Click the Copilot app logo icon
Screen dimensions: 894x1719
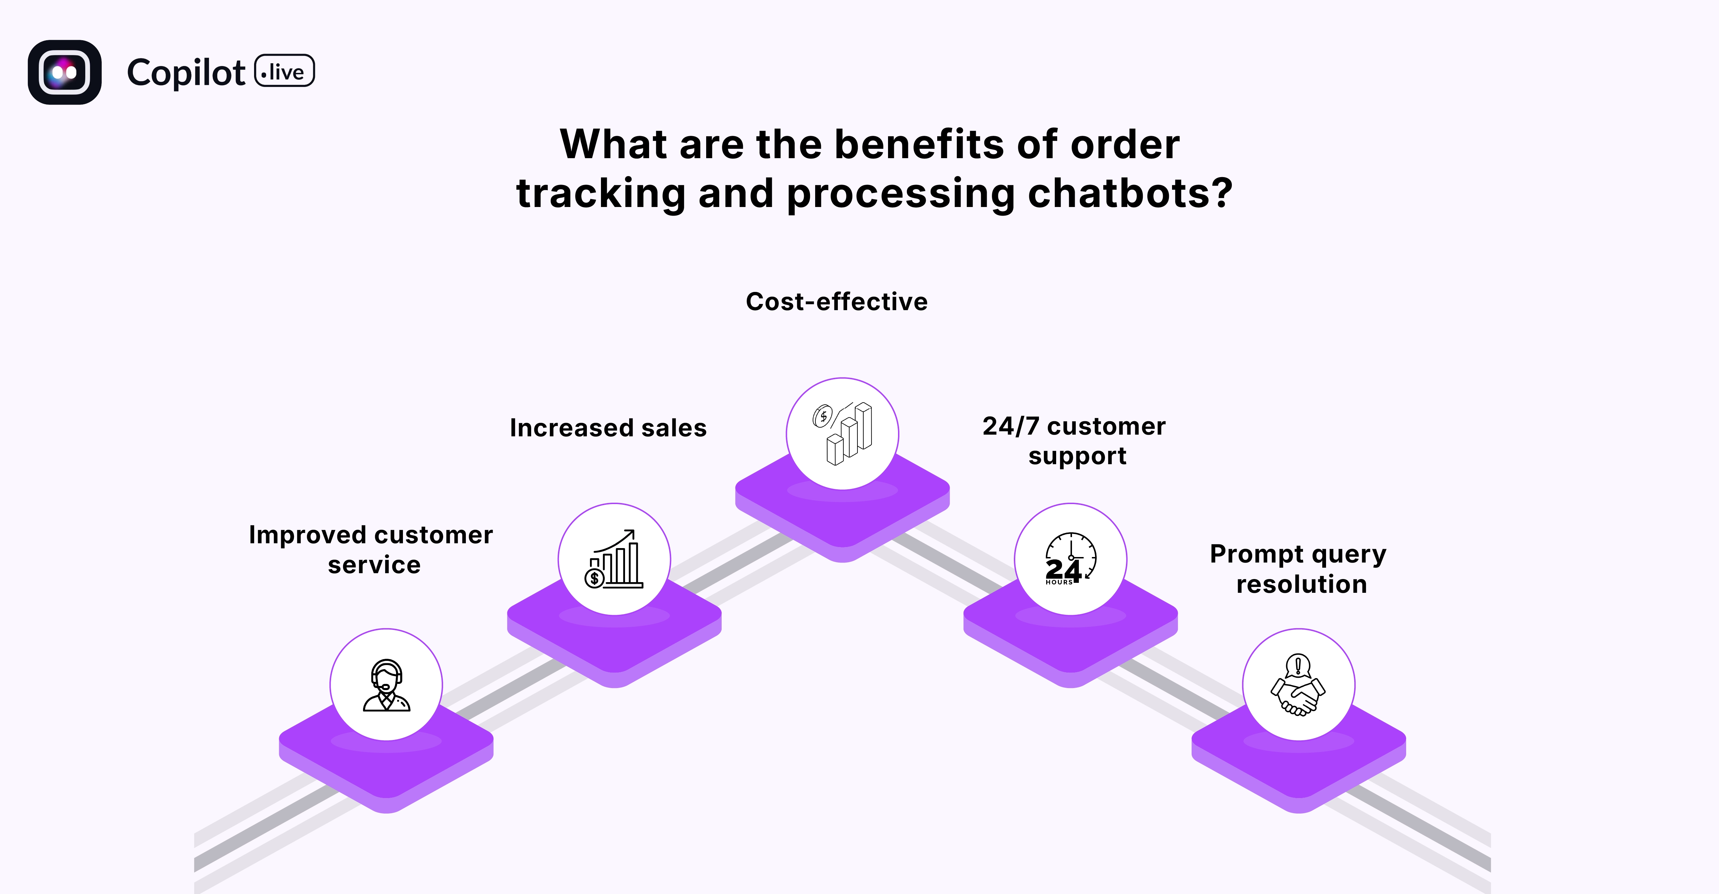pos(65,72)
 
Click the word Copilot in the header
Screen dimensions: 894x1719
pos(186,73)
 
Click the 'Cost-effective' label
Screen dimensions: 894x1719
pos(836,302)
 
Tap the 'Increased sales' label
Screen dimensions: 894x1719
pos(608,428)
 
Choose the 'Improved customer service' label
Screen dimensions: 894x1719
pos(371,550)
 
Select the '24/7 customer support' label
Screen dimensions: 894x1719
pos(1074,441)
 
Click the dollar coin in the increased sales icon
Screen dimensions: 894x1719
pos(594,578)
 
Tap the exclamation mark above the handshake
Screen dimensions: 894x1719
pos(1298,665)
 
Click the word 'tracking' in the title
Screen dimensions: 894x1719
pos(601,194)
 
